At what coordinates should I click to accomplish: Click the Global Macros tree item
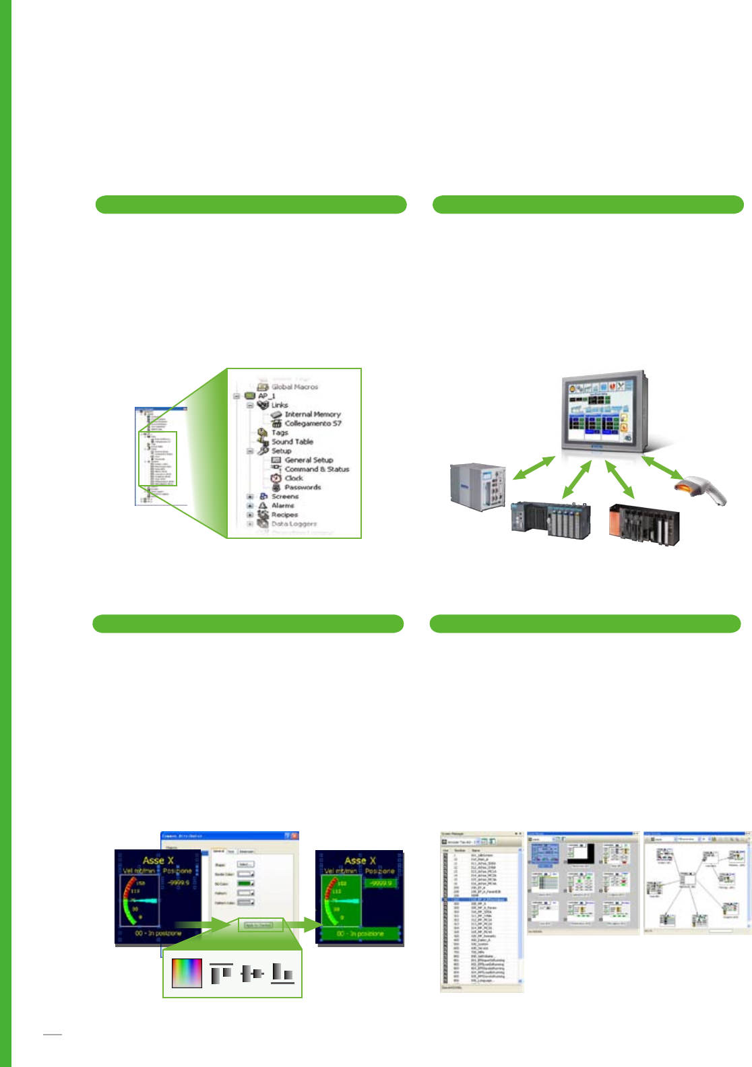point(294,387)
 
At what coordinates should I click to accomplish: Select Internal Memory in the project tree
point(312,414)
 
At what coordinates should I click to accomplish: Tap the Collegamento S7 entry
point(313,424)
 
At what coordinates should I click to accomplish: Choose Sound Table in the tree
point(292,442)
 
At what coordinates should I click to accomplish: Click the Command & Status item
point(317,469)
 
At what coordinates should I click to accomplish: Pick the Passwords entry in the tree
point(303,487)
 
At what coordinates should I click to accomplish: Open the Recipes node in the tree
point(284,515)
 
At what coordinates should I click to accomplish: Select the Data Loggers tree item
point(294,523)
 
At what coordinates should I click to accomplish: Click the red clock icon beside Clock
point(276,478)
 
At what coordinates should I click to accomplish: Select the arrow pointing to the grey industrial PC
point(533,468)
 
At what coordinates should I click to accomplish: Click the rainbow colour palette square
point(187,973)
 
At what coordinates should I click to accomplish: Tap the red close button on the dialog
point(294,836)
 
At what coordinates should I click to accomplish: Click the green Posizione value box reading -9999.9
point(381,882)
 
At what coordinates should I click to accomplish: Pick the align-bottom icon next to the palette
point(283,973)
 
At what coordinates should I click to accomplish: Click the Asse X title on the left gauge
point(158,860)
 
